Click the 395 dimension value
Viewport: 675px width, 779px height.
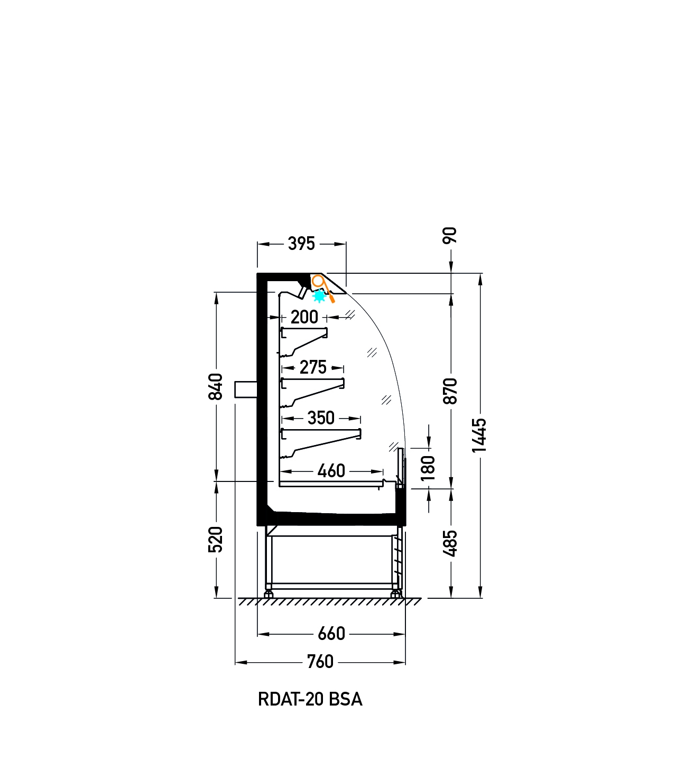click(301, 244)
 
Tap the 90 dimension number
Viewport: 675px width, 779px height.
click(450, 236)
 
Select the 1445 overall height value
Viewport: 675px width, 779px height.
click(479, 435)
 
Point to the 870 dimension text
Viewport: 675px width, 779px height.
click(450, 391)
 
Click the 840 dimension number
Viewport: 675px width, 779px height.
click(216, 386)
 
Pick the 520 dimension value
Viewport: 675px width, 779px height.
click(216, 539)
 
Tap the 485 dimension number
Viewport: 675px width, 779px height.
click(450, 543)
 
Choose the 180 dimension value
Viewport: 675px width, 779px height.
click(428, 468)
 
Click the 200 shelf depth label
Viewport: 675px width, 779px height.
click(304, 317)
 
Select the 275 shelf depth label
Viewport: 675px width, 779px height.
click(313, 367)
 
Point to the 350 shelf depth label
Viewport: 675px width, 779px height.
click(321, 418)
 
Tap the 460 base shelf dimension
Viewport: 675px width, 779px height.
click(331, 471)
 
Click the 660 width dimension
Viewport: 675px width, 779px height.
click(331, 634)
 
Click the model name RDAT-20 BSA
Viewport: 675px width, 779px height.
click(310, 700)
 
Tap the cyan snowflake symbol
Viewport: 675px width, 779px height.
click(319, 296)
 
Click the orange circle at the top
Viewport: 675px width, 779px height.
click(318, 281)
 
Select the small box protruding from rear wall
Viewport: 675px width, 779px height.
click(246, 389)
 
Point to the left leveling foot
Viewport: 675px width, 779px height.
click(269, 595)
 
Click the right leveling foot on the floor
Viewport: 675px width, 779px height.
click(396, 595)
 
